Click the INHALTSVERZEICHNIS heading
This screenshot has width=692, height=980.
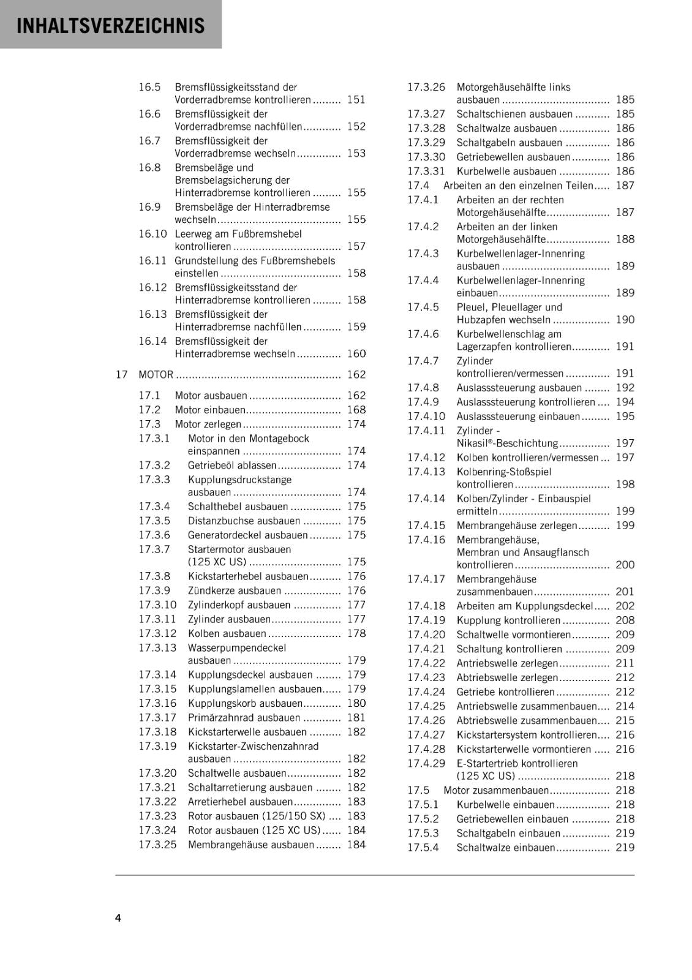pos(111,26)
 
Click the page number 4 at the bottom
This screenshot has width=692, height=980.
pos(118,918)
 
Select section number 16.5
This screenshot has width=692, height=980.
pos(149,87)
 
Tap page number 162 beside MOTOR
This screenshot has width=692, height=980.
pos(356,374)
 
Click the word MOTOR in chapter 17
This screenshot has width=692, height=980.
pos(156,374)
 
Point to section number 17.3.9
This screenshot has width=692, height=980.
pos(154,590)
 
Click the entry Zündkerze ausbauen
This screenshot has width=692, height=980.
pos(235,590)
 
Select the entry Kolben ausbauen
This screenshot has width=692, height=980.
pos(227,633)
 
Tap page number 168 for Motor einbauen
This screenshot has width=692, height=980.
pos(356,410)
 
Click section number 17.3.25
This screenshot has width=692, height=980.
pos(157,845)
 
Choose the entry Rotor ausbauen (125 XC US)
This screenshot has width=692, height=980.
pos(254,830)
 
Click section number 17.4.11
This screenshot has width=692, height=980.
pos(426,431)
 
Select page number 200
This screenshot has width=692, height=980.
pos(625,565)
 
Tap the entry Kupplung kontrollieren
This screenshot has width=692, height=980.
pos(508,620)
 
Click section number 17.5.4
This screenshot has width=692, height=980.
pos(423,848)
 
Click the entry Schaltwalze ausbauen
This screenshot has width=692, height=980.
pos(506,128)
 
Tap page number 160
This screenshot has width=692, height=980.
pos(356,353)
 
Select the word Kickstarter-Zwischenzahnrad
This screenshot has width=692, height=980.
pos(253,746)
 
